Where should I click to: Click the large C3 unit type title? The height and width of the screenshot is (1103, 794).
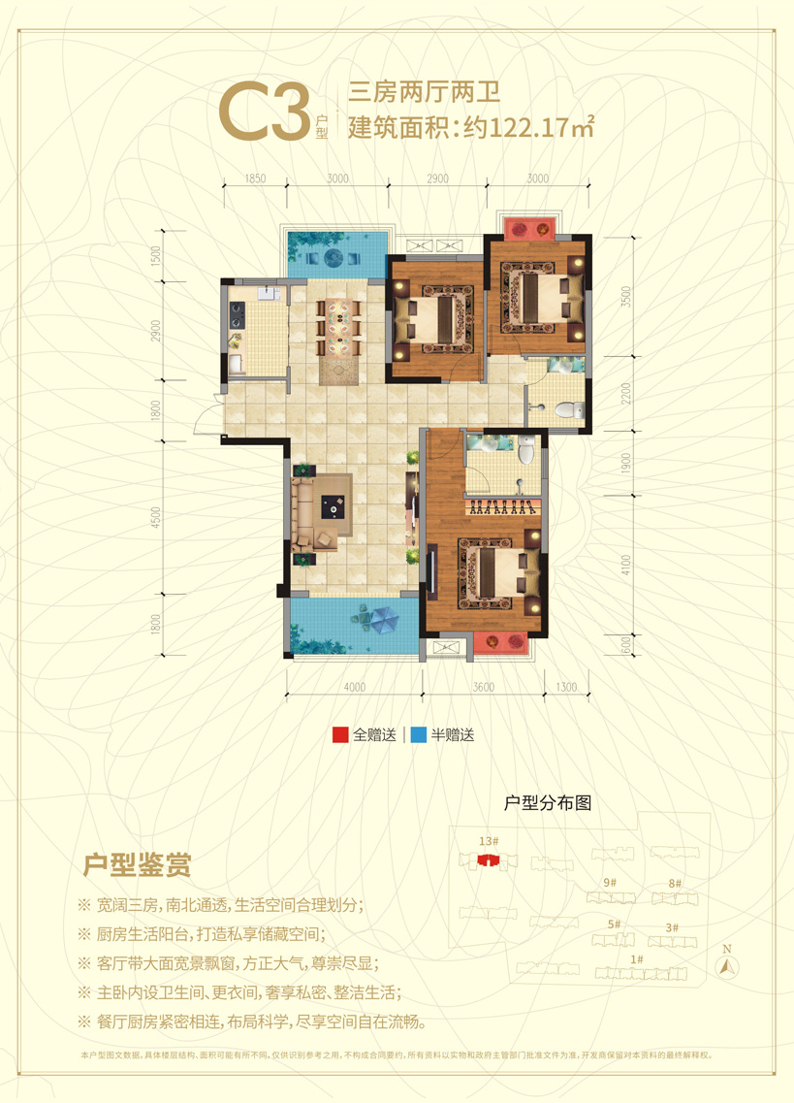click(262, 114)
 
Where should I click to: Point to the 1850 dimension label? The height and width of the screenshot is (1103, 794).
click(256, 178)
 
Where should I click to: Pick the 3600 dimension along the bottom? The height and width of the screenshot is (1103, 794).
click(484, 688)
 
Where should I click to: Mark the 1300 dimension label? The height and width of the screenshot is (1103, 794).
click(567, 688)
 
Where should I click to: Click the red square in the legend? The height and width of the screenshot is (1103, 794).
click(340, 735)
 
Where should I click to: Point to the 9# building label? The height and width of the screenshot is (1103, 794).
click(610, 883)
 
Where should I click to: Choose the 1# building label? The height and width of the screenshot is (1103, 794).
click(637, 960)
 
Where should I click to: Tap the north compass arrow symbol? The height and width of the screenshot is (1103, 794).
click(727, 965)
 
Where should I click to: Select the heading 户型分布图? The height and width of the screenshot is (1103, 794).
click(549, 803)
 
